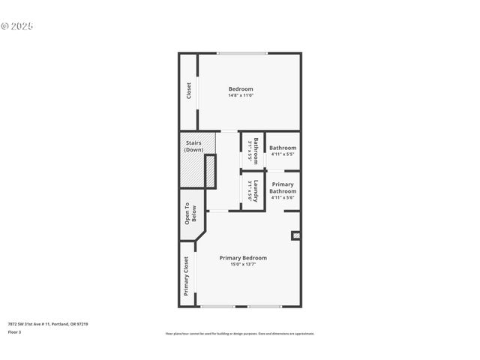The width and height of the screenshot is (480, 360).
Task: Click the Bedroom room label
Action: coord(241,89)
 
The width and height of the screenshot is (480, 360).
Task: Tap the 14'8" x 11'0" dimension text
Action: coord(241,95)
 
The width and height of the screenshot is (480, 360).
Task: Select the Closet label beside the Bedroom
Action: coord(189,91)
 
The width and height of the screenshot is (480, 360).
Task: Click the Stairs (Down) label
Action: coord(193,145)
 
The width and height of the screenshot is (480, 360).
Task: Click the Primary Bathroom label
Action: coord(283,187)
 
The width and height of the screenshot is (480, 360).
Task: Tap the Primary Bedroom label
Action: coord(243,258)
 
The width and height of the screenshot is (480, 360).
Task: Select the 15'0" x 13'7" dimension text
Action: coord(243,265)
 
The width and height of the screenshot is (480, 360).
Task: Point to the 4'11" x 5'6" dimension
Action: coord(283,197)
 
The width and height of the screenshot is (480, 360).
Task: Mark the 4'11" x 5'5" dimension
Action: coord(283,155)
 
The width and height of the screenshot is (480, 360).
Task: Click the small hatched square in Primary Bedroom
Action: coord(295,235)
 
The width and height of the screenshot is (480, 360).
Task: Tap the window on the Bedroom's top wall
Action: coord(241,53)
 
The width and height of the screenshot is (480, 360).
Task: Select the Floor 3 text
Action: coord(15,331)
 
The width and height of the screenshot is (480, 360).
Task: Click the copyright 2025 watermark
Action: coord(17,26)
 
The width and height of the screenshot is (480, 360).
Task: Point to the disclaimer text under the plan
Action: coord(240,334)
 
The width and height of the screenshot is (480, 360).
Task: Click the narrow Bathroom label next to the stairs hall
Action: coord(255,151)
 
